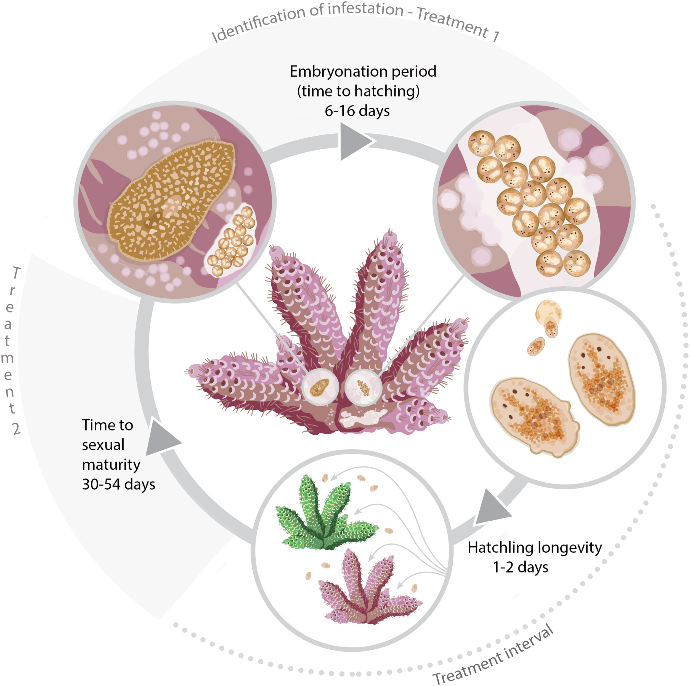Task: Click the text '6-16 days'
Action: coord(357,111)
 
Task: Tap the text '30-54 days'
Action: coord(119,484)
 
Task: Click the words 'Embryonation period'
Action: coord(363,71)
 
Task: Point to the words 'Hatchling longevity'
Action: coord(535,547)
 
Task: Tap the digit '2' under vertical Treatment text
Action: coord(17,428)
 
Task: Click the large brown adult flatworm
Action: coord(171,201)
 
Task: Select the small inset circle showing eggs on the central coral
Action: coord(363,388)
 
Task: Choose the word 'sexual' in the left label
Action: coord(103,445)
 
